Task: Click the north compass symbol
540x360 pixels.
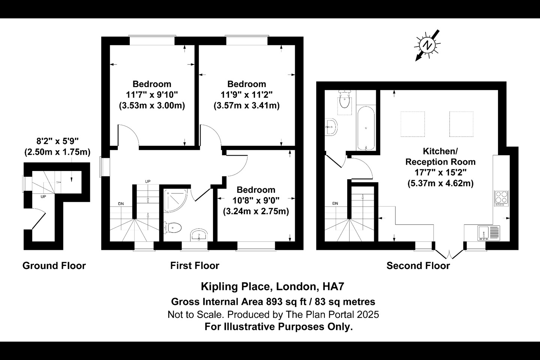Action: click(427, 45)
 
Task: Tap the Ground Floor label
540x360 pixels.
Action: click(54, 266)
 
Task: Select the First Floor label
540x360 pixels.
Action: click(195, 266)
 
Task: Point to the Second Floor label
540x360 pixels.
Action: click(418, 266)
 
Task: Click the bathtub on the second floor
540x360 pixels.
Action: click(366, 128)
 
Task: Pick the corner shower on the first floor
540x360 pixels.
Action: click(175, 201)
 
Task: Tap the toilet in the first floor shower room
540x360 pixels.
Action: click(172, 228)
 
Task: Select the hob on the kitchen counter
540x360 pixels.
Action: click(501, 198)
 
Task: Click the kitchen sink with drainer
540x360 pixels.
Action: click(489, 233)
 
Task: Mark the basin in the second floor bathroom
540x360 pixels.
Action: click(331, 127)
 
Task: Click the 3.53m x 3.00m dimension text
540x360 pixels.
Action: click(152, 106)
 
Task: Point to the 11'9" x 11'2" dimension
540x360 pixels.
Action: click(247, 95)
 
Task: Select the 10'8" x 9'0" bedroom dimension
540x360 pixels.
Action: click(256, 200)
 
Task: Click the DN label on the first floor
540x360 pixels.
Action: click(121, 204)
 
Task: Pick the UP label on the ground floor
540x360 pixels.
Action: click(43, 197)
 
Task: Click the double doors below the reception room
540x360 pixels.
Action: click(449, 254)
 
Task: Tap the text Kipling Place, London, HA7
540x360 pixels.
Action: click(273, 286)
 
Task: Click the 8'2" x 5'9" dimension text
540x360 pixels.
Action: click(57, 141)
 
